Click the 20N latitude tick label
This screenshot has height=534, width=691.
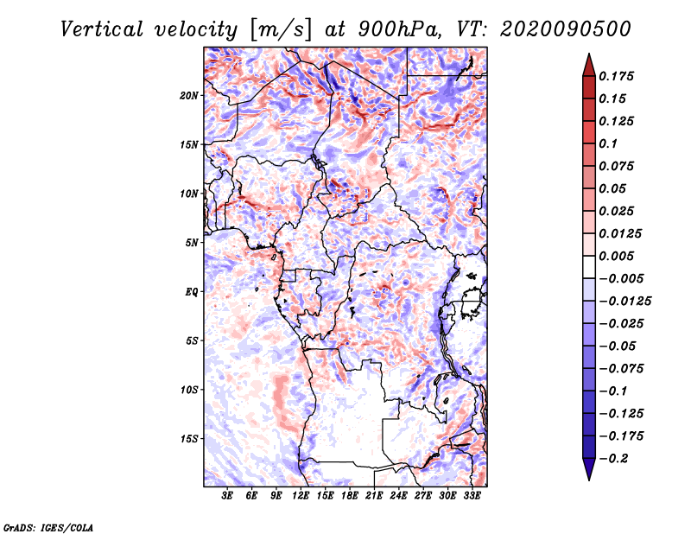click(189, 95)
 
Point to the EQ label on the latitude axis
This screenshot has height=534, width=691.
click(191, 291)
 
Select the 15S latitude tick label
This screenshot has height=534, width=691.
click(189, 438)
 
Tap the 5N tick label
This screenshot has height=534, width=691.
click(191, 242)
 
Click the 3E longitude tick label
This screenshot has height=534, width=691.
click(228, 497)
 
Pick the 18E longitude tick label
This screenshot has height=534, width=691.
click(350, 497)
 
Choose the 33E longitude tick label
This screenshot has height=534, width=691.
click(472, 497)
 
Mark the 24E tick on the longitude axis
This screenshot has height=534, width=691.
click(399, 497)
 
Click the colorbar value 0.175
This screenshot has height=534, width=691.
click(618, 76)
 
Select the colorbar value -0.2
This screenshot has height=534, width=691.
click(614, 458)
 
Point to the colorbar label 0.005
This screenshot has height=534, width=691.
click(618, 256)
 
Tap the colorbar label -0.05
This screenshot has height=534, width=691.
click(618, 346)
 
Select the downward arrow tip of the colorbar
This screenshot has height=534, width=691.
click(587, 478)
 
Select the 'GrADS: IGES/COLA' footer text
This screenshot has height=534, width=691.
click(48, 526)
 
